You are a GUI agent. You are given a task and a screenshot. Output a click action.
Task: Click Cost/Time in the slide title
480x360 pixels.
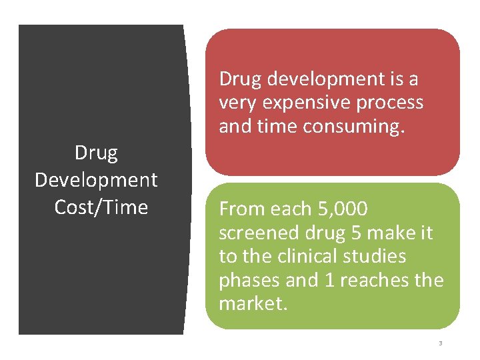point(101,207)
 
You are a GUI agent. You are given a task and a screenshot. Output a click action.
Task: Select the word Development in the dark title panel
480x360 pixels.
point(96,180)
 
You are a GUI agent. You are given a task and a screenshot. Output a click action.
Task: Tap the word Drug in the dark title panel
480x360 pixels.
point(96,153)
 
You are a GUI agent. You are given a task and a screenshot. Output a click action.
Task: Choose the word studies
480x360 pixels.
point(378,256)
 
